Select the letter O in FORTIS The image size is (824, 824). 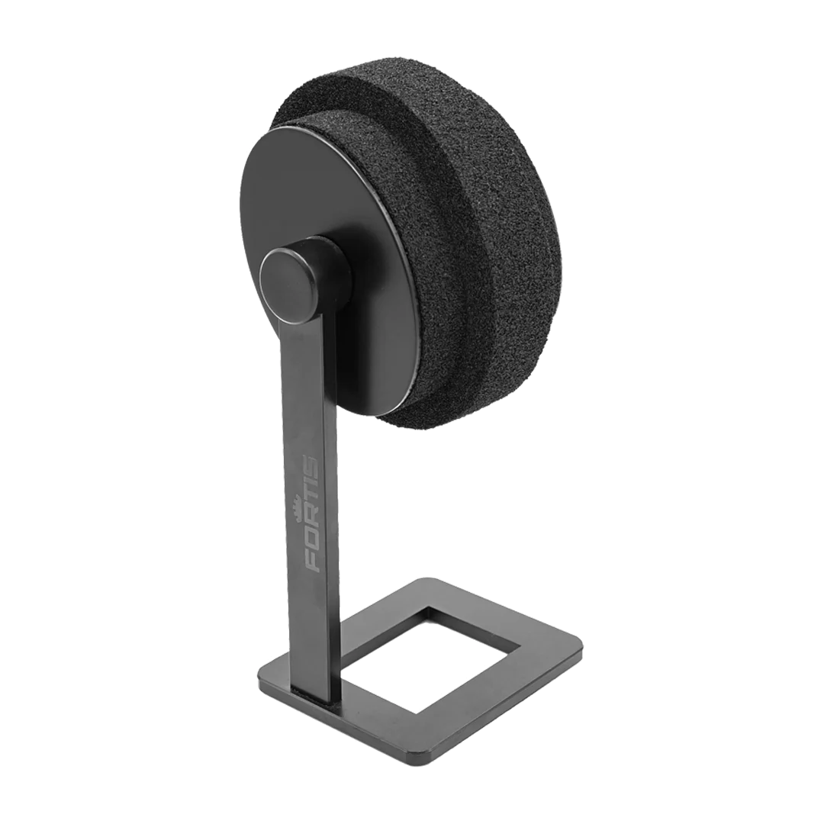(x=308, y=541)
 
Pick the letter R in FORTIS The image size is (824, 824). (x=309, y=520)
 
